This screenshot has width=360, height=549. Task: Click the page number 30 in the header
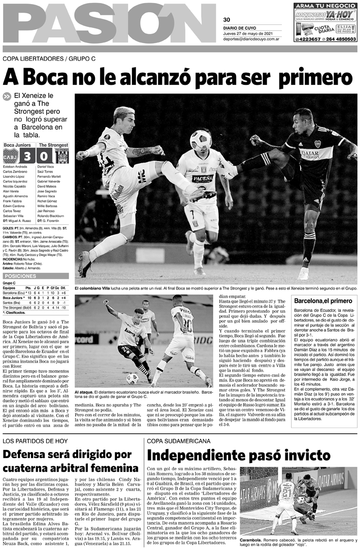(x=226, y=20)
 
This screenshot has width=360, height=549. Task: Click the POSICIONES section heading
(x=20, y=276)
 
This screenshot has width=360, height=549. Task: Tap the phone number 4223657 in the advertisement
(x=308, y=39)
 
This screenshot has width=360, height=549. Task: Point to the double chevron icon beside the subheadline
(x=7, y=96)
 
